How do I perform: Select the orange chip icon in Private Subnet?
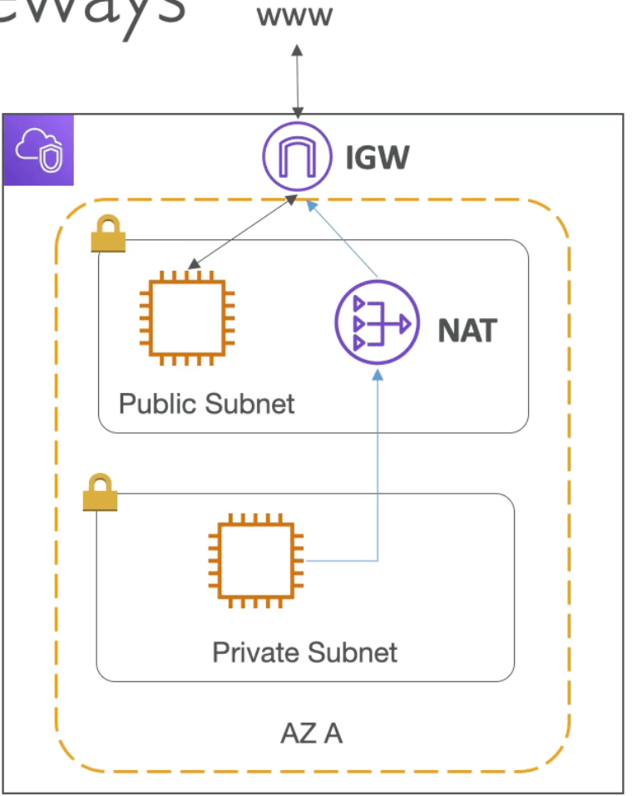(256, 561)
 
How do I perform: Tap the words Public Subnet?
(206, 404)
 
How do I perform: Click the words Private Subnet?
(304, 652)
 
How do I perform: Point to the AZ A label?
(311, 734)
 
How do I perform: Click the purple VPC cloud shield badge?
(39, 150)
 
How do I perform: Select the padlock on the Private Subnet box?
(100, 493)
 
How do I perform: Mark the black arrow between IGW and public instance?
(241, 233)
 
